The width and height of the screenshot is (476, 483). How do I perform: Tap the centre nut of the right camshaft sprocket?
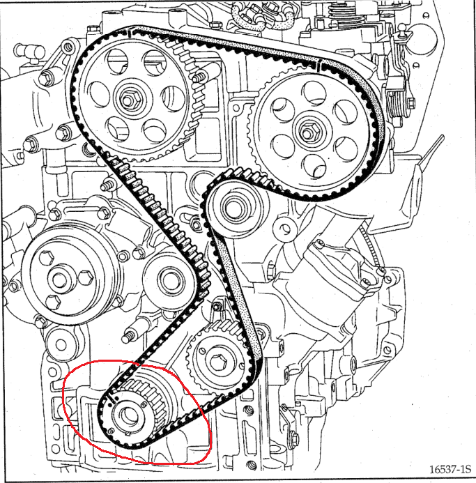coord(307,130)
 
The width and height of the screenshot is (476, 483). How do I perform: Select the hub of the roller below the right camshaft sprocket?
coord(233,205)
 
